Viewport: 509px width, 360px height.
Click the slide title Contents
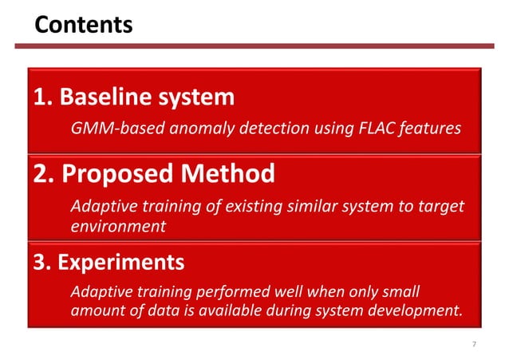[83, 25]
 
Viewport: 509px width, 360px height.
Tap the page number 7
[475, 344]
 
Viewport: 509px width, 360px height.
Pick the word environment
[119, 226]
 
